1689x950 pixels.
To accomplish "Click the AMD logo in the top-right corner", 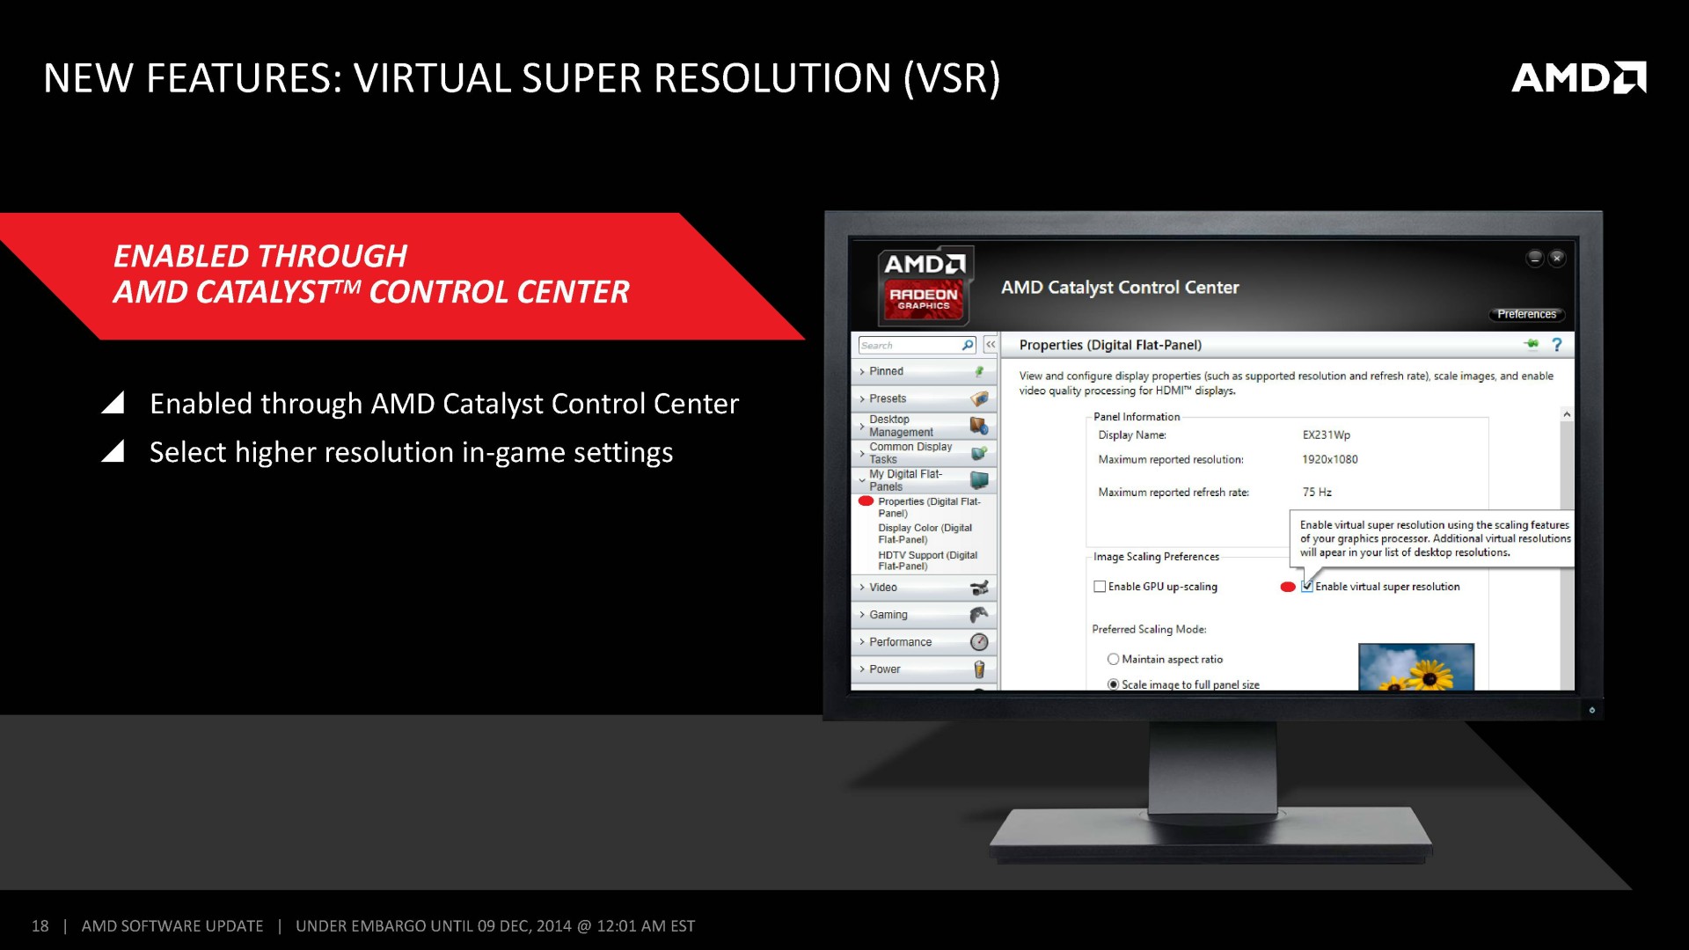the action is [1579, 77].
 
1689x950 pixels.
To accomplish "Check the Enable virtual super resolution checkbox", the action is [1307, 587].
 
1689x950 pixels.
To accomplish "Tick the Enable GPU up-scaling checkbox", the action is [1100, 587].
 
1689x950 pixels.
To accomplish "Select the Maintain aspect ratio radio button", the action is [1114, 659].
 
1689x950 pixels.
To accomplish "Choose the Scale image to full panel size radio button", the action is [1114, 684].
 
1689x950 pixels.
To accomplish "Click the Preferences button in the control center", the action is [1527, 314].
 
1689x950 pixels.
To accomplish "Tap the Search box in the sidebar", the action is [917, 345].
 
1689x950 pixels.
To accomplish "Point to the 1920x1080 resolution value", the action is [1330, 459].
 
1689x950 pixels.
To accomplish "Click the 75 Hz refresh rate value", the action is [1317, 493].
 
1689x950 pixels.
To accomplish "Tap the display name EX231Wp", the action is [1327, 435].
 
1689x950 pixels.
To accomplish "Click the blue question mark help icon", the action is [1557, 345].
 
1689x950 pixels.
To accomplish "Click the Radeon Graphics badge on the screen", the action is [924, 299].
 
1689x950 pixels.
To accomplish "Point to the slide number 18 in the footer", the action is [40, 926].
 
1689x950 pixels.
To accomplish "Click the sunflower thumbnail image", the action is [1416, 667].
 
